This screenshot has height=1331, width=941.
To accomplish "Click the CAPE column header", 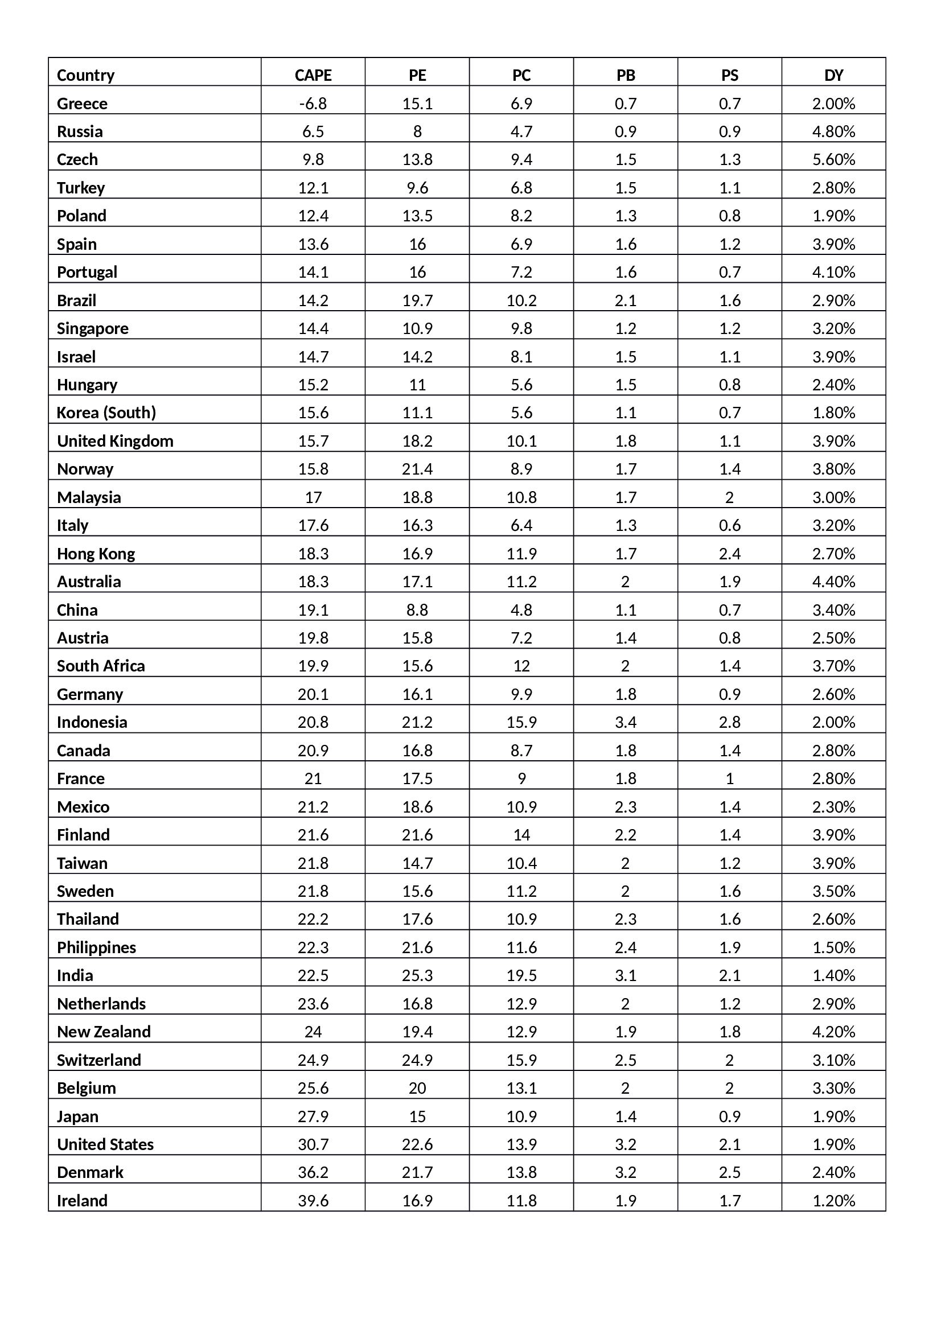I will [313, 75].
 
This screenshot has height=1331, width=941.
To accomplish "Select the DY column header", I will [833, 75].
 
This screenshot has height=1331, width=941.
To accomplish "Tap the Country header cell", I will [86, 75].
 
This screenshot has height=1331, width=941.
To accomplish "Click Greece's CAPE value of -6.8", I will [313, 104].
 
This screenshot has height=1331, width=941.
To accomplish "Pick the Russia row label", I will [80, 131].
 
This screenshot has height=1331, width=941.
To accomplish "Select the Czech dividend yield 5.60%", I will [833, 159].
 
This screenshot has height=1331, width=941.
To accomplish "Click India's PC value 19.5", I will [521, 976].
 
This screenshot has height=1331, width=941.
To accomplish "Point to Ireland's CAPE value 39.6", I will [313, 1201].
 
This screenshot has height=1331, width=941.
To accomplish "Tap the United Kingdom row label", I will [115, 441].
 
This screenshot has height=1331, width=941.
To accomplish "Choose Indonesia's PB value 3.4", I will [626, 722].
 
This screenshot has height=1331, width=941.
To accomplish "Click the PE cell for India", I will [417, 976].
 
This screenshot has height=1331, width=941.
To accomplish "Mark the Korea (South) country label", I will [106, 413].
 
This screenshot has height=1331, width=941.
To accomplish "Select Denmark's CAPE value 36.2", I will [313, 1172].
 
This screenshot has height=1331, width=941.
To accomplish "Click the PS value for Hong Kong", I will [729, 554].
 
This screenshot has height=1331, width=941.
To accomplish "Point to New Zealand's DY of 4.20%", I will [833, 1032].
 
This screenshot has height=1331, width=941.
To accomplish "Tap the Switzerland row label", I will [99, 1060].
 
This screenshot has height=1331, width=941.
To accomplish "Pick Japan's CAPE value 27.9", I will [313, 1116].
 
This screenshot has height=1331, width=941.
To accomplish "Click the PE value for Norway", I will [417, 469].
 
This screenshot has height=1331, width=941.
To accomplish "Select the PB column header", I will [626, 75].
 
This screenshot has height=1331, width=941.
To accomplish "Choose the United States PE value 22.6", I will [417, 1144].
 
